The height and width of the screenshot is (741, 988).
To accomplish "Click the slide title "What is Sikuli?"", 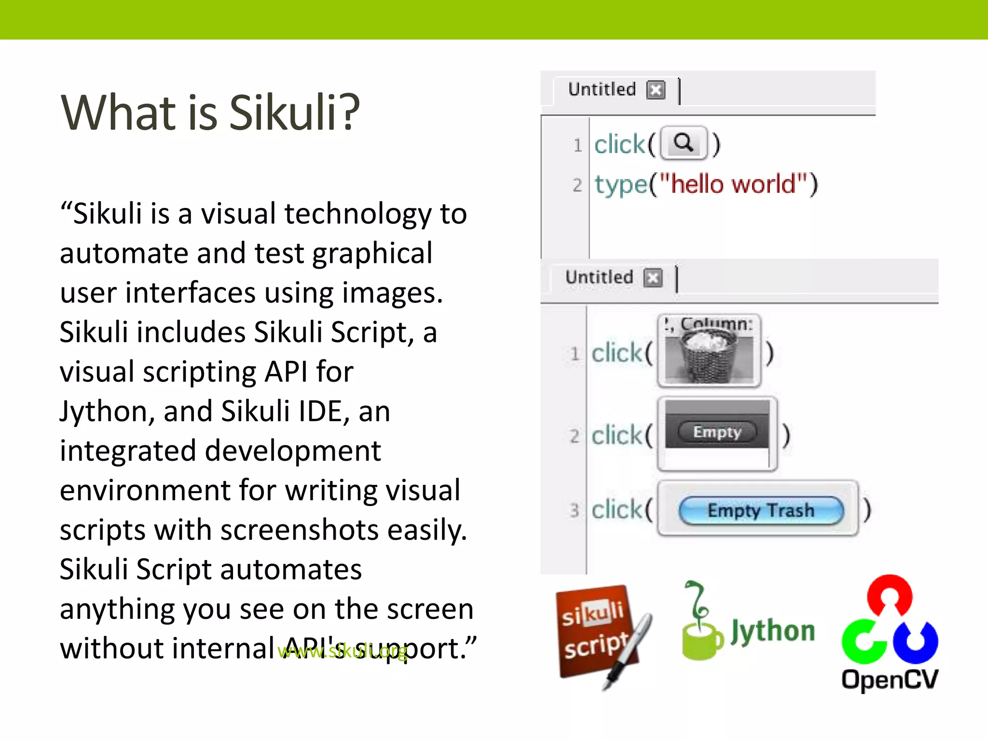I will point(210,112).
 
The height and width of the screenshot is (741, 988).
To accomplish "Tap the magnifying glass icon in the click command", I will point(684,143).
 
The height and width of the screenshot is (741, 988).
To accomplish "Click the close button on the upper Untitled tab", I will point(656,90).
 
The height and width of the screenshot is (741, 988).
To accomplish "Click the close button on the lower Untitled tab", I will point(653,278).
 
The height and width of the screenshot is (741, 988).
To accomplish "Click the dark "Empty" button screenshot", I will point(717,432).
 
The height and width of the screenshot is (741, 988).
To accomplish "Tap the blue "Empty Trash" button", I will point(761,510).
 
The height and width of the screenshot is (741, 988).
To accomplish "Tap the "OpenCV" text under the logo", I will point(890,680).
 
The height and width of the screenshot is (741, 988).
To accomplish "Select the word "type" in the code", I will point(620,185).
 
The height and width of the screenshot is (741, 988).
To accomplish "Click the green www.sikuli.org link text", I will point(343,651).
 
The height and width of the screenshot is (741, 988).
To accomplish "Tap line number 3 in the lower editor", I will point(574,510).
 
